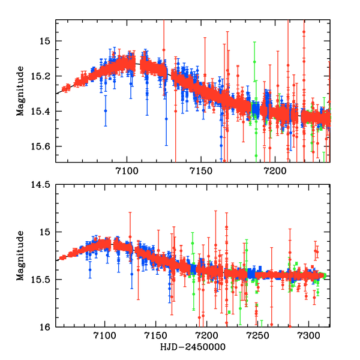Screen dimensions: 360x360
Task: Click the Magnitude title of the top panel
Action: tap(20, 91)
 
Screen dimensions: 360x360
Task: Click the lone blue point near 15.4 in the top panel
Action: tap(106, 111)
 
